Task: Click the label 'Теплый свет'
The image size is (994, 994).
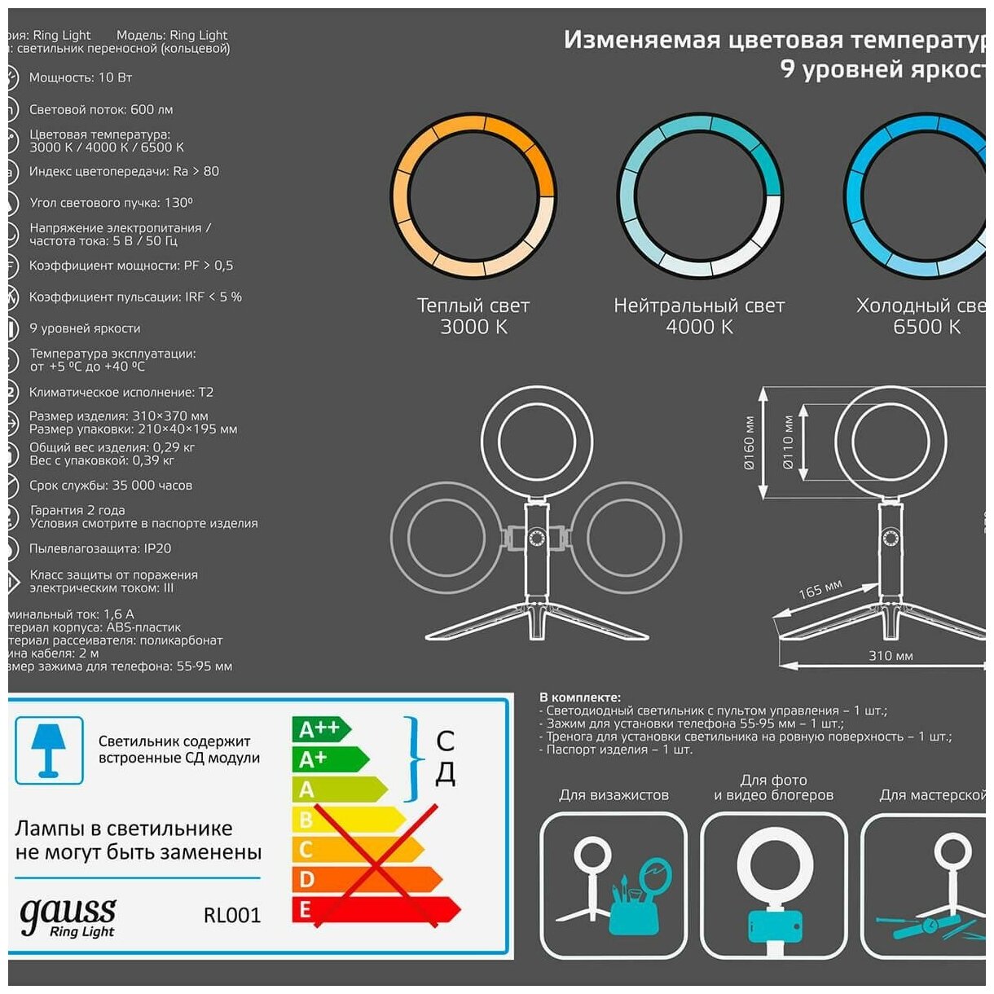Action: point(473,306)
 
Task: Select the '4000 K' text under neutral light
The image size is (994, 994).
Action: point(699,327)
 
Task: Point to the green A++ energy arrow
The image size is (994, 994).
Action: point(319,729)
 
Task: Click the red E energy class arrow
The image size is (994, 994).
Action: point(375,909)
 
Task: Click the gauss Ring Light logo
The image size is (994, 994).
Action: point(68,917)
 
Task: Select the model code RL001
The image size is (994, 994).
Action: point(232,916)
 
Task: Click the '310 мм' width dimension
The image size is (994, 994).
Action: point(891,656)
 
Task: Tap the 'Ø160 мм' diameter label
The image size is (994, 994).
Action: point(749,442)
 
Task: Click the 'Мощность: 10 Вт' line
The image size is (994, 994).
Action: point(81,77)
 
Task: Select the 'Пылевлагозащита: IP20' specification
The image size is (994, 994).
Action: point(100,548)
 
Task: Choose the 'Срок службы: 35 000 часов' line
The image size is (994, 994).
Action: point(111,486)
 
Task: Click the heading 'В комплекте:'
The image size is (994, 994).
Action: point(579,697)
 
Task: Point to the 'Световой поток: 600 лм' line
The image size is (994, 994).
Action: point(101,109)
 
